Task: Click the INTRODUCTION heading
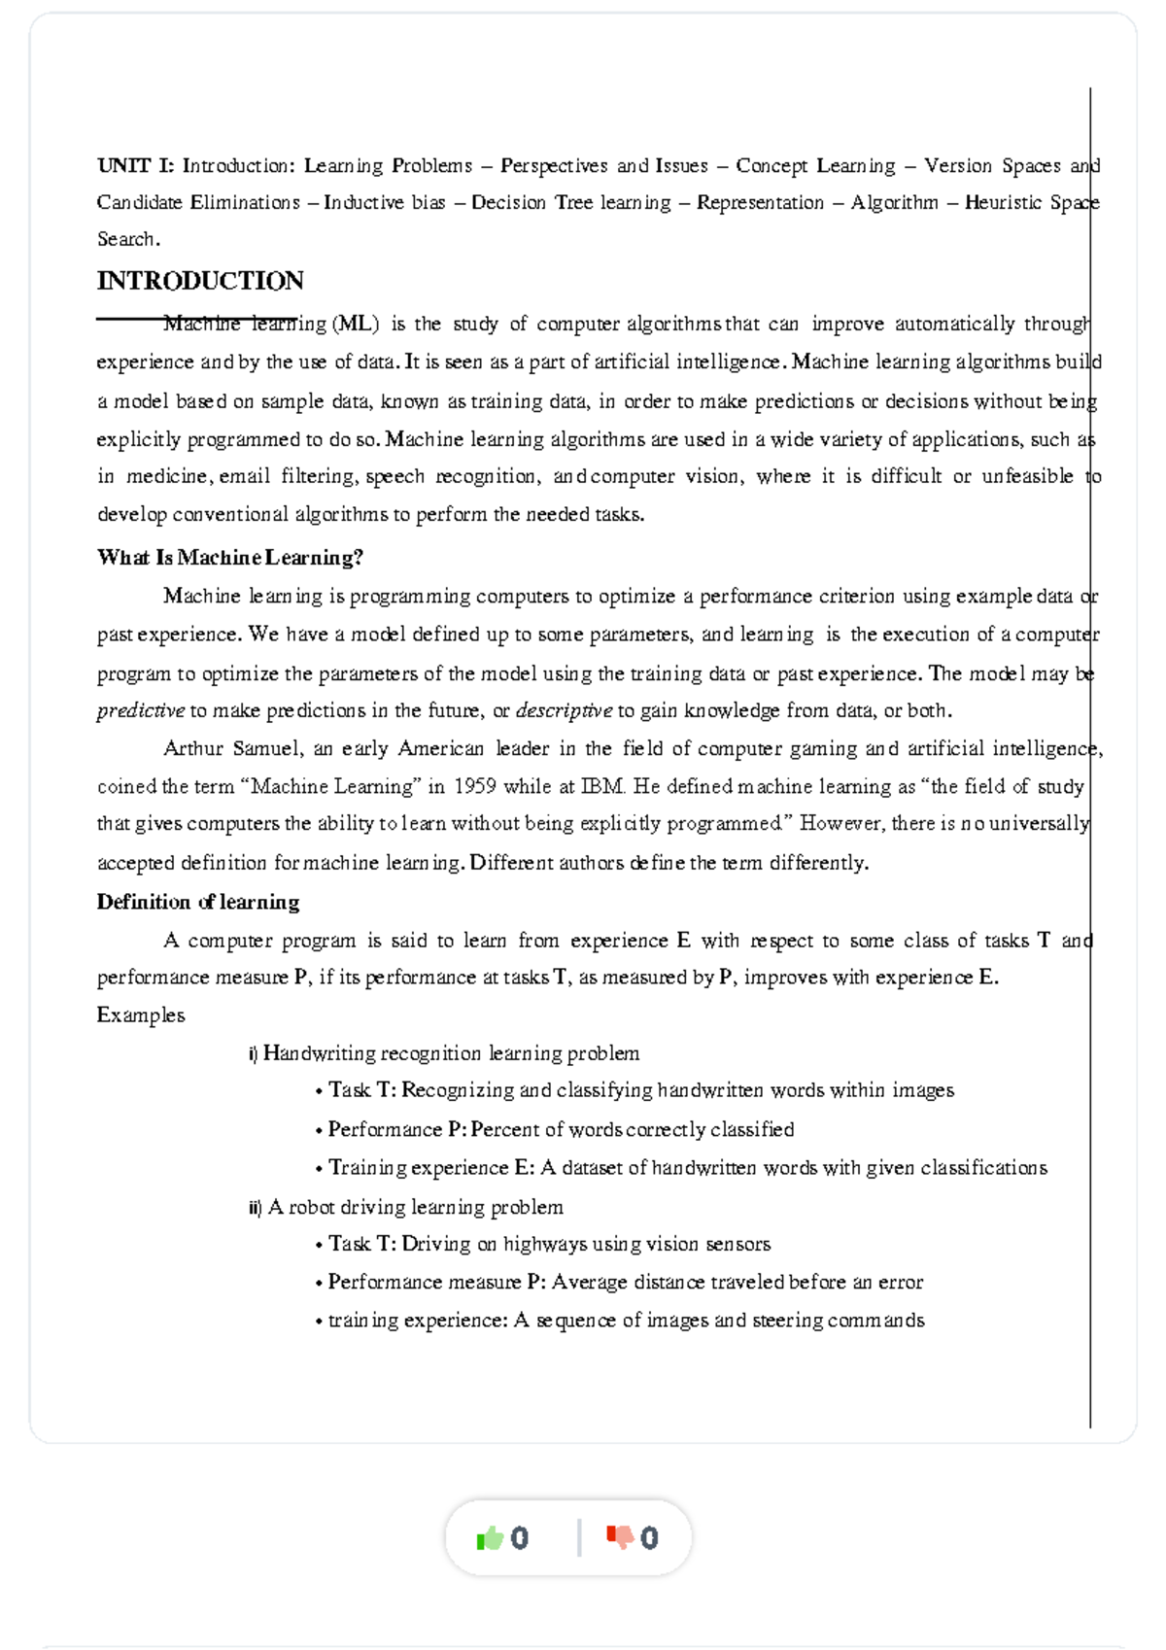(x=200, y=281)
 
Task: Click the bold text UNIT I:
(x=135, y=166)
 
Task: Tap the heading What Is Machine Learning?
(x=230, y=558)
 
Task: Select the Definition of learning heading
(x=198, y=902)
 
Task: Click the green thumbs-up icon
(x=490, y=1537)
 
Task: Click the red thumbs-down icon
(x=620, y=1537)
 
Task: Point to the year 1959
(x=475, y=786)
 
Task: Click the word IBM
(x=602, y=786)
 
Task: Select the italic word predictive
(x=140, y=710)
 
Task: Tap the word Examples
(x=141, y=1015)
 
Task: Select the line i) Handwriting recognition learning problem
(x=445, y=1053)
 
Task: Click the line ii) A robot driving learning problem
(x=406, y=1207)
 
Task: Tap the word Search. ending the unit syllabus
(x=128, y=239)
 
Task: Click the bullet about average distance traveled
(x=620, y=1282)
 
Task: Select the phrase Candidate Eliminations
(x=198, y=203)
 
